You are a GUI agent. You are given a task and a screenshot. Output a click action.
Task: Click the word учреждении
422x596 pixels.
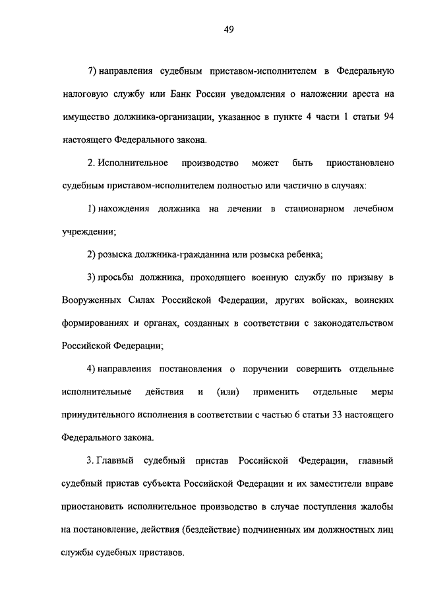(x=88, y=232)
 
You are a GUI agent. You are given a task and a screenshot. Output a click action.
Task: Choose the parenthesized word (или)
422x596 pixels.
(x=227, y=393)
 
